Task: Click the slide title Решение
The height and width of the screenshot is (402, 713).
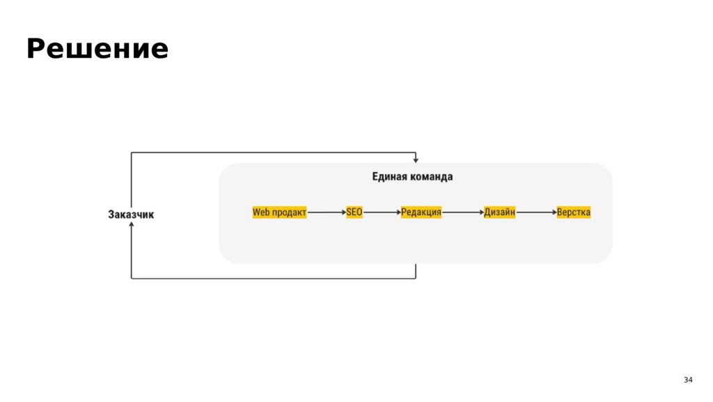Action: (x=97, y=49)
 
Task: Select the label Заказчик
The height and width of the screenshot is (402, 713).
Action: (x=131, y=214)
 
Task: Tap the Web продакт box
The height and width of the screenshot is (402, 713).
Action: (x=280, y=212)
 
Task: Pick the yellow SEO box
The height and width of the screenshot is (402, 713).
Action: (x=354, y=212)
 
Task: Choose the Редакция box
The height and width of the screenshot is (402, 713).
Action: (x=421, y=212)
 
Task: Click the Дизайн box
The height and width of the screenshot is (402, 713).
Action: (x=499, y=212)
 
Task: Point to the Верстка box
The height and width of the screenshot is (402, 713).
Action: (x=574, y=212)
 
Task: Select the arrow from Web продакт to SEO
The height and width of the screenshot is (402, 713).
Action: (x=327, y=212)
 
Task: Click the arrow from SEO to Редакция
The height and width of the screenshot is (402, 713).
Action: (x=382, y=212)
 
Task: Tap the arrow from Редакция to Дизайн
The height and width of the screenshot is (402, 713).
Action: (x=462, y=212)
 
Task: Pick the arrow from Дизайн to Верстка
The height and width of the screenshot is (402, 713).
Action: (x=536, y=212)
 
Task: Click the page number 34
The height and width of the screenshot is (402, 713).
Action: (x=688, y=380)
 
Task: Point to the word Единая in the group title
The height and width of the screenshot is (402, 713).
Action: (x=386, y=176)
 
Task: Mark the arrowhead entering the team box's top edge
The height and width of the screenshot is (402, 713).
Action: (x=416, y=160)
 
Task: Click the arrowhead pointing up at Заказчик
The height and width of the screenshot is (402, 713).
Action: (x=132, y=224)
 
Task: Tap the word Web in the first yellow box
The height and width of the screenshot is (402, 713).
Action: (x=261, y=212)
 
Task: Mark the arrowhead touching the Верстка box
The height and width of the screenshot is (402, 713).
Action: (x=554, y=212)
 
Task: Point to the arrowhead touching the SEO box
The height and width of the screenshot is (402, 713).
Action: (x=344, y=212)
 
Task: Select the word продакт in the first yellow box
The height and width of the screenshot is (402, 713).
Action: (x=289, y=212)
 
